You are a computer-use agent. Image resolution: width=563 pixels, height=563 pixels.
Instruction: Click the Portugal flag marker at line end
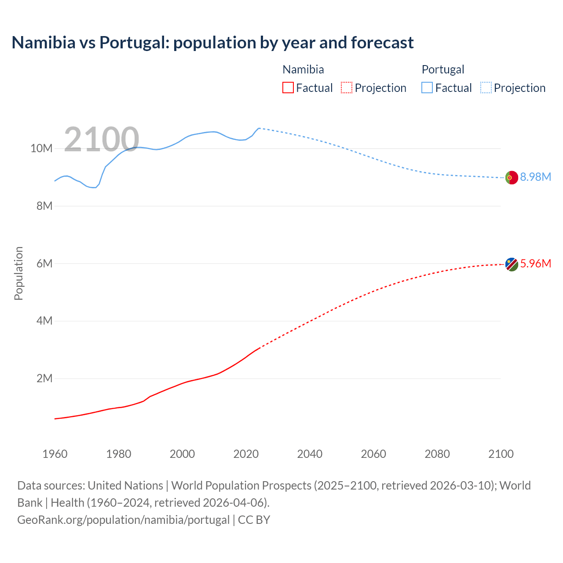pyautogui.click(x=512, y=178)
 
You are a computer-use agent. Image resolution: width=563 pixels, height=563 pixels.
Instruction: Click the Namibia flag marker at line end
pyautogui.click(x=512, y=264)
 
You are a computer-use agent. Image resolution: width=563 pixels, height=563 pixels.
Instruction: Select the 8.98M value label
pyautogui.click(x=535, y=177)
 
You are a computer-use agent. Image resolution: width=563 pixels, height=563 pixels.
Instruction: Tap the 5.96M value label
pyautogui.click(x=535, y=263)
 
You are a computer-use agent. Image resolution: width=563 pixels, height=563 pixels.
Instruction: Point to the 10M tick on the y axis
pyautogui.click(x=41, y=149)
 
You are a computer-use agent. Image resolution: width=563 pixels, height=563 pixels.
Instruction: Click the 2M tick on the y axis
pyautogui.click(x=44, y=378)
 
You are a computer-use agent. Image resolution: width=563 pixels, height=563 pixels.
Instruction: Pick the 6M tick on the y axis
pyautogui.click(x=44, y=263)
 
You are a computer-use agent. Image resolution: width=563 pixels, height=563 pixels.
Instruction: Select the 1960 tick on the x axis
pyautogui.click(x=55, y=454)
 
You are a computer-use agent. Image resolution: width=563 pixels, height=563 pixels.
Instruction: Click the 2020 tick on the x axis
pyautogui.click(x=246, y=454)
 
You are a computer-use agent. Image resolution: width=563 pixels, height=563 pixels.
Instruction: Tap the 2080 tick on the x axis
pyautogui.click(x=437, y=454)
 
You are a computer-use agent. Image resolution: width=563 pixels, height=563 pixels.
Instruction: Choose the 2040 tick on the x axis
pyautogui.click(x=310, y=454)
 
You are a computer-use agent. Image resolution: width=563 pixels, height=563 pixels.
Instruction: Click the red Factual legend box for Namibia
pyautogui.click(x=288, y=88)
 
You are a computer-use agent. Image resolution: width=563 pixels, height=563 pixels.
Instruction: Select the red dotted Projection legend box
pyautogui.click(x=347, y=88)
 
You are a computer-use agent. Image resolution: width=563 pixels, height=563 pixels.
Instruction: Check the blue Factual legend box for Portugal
pyautogui.click(x=427, y=88)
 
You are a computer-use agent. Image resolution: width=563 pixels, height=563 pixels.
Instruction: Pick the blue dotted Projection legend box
pyautogui.click(x=486, y=88)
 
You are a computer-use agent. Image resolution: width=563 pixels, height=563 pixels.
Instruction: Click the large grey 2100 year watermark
pyautogui.click(x=102, y=139)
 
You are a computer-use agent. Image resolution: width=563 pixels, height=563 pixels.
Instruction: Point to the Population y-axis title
pyautogui.click(x=18, y=273)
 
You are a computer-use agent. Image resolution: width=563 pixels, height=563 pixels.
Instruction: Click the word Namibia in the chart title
pyautogui.click(x=44, y=43)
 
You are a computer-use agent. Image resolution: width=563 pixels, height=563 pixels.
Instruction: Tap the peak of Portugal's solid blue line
pyautogui.click(x=259, y=128)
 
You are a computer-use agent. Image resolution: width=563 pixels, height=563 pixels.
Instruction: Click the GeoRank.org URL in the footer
pyautogui.click(x=123, y=519)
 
